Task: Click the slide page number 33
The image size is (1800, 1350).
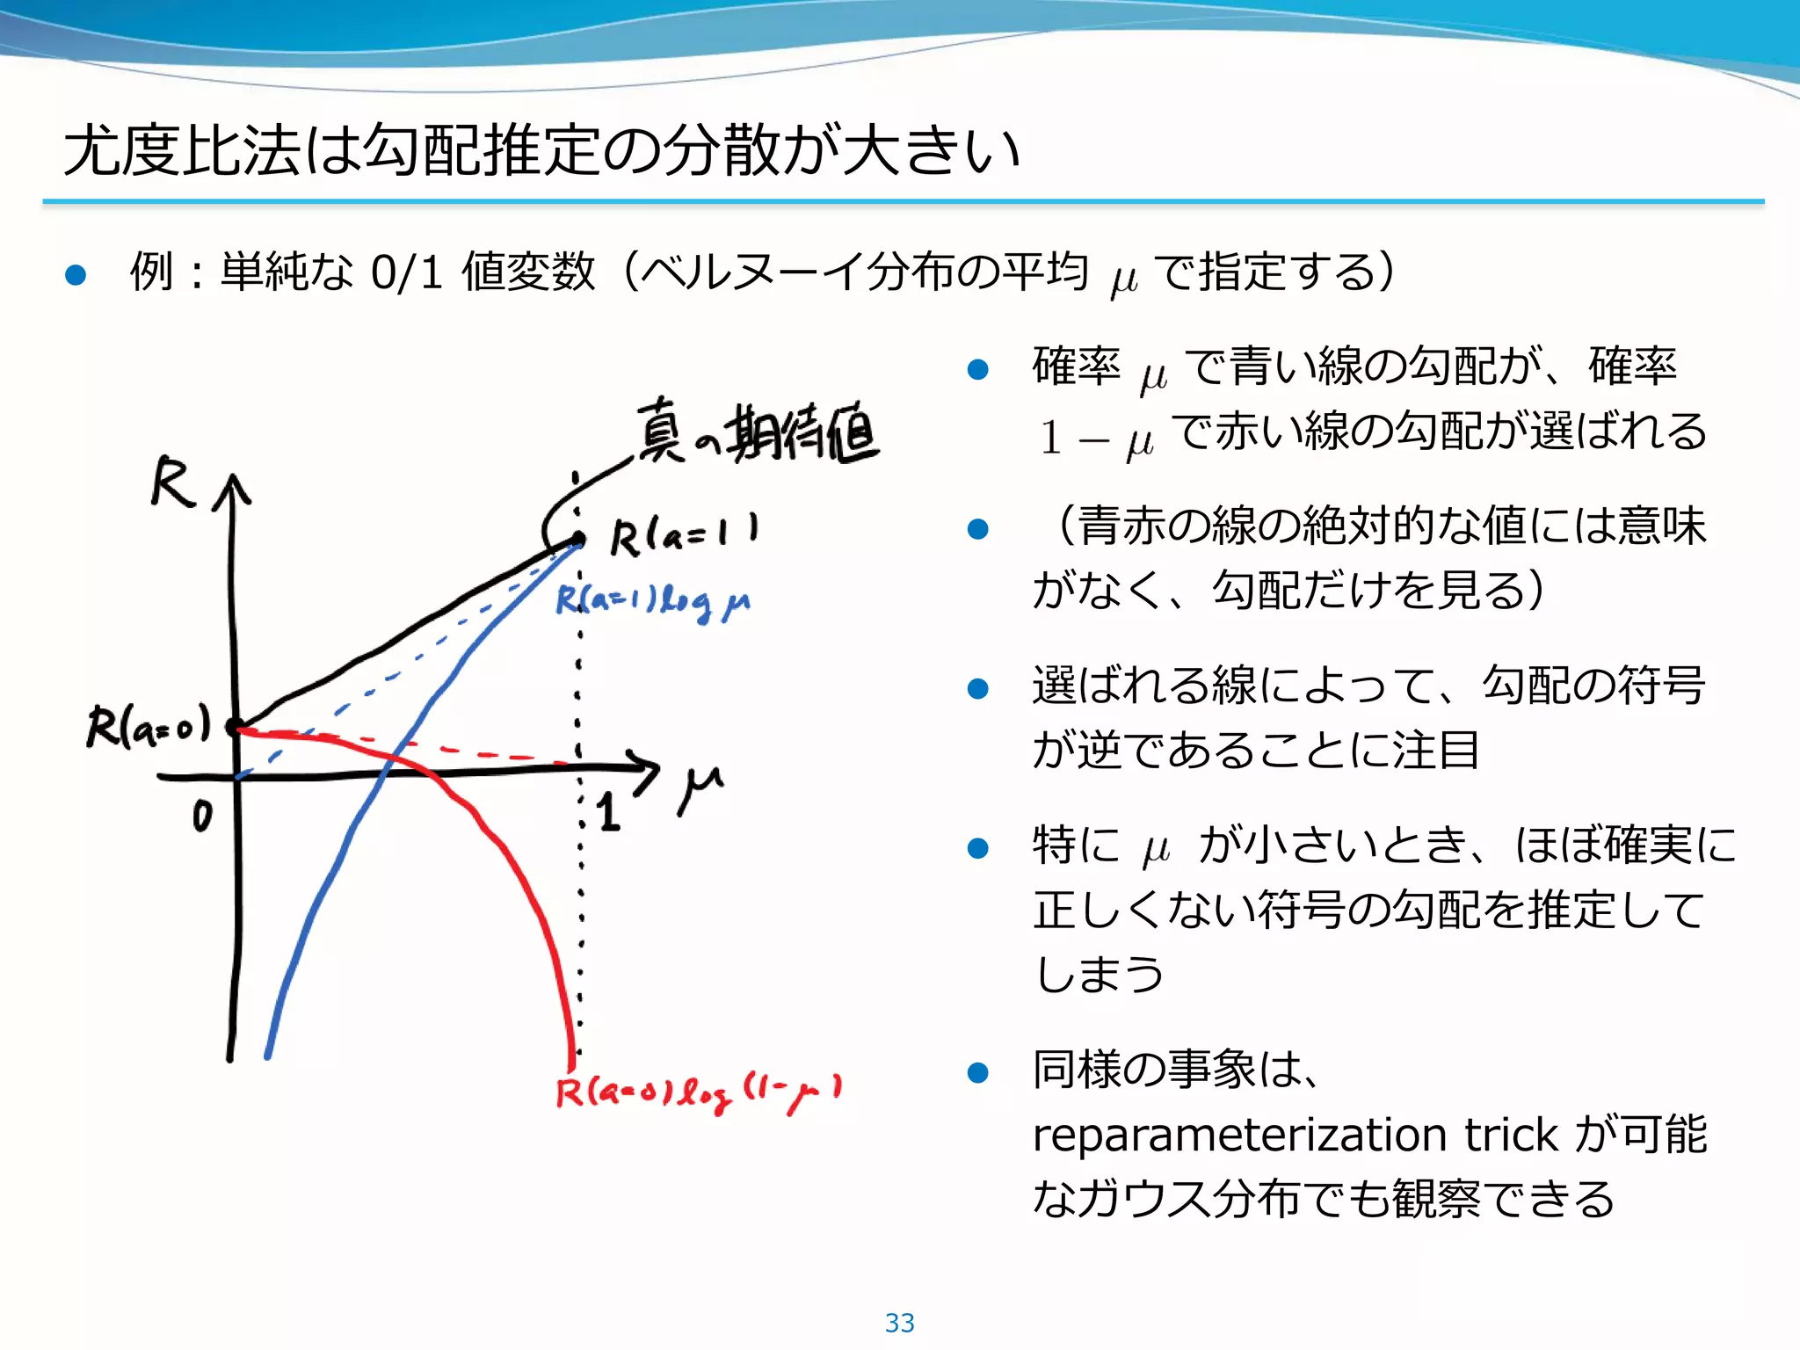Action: coord(899,1323)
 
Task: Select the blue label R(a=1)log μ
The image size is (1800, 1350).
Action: coord(652,602)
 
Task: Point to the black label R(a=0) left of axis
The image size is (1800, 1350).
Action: coord(149,726)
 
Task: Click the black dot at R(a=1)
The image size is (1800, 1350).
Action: coord(577,539)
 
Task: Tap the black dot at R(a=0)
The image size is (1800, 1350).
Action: coord(234,727)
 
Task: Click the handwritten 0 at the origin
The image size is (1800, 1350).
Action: coord(202,817)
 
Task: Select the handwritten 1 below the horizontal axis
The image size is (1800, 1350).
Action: coord(608,812)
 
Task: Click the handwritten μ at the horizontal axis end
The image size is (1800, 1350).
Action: coord(700,787)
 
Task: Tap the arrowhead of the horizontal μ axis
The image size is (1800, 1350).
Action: coord(647,767)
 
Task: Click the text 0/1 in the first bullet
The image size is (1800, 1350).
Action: coord(406,272)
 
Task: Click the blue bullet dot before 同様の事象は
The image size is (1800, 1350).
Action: coord(978,1072)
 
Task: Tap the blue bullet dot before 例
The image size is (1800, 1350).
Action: coord(76,274)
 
